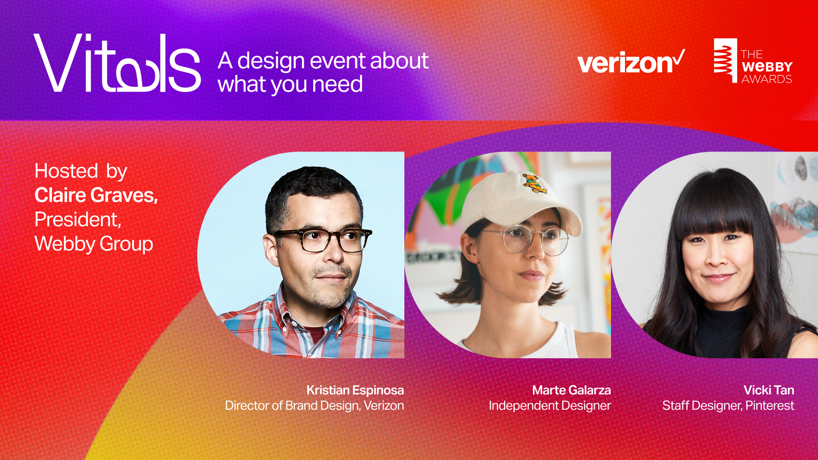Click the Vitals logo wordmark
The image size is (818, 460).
click(x=117, y=63)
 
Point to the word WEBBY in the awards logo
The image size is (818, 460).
click(x=767, y=67)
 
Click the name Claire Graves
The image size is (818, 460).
click(x=96, y=195)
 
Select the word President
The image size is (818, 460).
click(x=78, y=219)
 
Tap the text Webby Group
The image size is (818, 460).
click(x=94, y=244)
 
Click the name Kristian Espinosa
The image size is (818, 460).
click(x=355, y=390)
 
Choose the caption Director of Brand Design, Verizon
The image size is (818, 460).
click(x=314, y=405)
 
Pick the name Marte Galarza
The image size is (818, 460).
click(x=571, y=390)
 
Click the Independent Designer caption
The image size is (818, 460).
click(x=550, y=405)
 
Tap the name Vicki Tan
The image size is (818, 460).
click(x=769, y=390)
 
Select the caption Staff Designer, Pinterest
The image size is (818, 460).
click(x=728, y=405)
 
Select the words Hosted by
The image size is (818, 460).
click(x=81, y=171)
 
